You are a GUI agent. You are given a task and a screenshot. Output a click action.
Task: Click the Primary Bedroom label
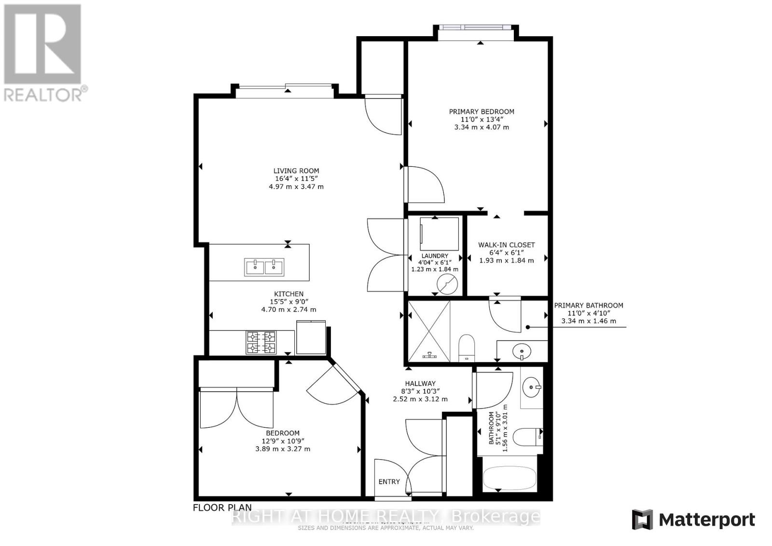pyautogui.click(x=481, y=112)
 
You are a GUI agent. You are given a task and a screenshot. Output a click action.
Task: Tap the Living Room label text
pyautogui.click(x=296, y=171)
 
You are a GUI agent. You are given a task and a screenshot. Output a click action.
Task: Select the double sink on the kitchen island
pyautogui.click(x=264, y=266)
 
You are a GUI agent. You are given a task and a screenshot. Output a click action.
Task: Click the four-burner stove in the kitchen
pyautogui.click(x=261, y=342)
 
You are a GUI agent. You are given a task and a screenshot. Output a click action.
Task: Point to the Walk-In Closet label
pyautogui.click(x=506, y=245)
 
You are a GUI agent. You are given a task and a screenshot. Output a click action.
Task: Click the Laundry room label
pyautogui.click(x=434, y=256)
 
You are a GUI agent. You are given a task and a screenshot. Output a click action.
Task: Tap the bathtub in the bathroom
pyautogui.click(x=510, y=474)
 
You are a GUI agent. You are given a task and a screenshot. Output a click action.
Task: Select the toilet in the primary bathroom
pyautogui.click(x=467, y=347)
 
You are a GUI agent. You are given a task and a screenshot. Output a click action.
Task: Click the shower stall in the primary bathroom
pyautogui.click(x=429, y=331)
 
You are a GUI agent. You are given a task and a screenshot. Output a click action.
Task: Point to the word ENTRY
pyautogui.click(x=389, y=481)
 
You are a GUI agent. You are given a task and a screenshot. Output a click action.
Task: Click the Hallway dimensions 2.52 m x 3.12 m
pyautogui.click(x=420, y=399)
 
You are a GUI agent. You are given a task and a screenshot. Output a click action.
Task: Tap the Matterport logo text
pyautogui.click(x=707, y=520)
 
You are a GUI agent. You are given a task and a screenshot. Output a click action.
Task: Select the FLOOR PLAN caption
pyautogui.click(x=222, y=507)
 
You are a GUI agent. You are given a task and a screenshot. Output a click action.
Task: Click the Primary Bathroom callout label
pyautogui.click(x=588, y=305)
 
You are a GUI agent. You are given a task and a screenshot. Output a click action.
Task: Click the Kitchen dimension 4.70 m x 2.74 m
pyautogui.click(x=289, y=310)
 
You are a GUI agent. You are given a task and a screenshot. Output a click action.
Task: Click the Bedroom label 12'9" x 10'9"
pyautogui.click(x=282, y=441)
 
